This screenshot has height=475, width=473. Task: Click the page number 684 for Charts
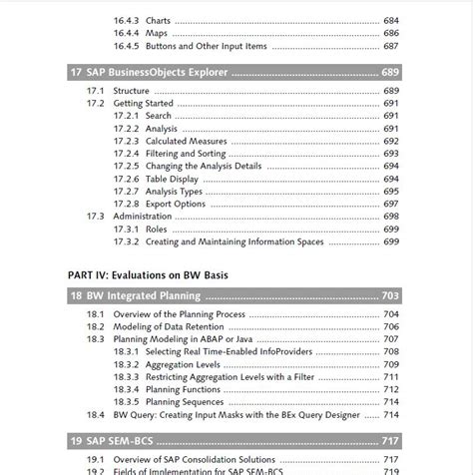click(390, 19)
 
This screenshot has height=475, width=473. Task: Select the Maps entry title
click(158, 33)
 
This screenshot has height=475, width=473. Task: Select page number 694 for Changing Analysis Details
click(390, 166)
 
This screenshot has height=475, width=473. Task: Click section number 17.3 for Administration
click(95, 216)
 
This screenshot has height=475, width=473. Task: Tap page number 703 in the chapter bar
click(392, 296)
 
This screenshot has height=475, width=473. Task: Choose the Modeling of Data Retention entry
click(175, 326)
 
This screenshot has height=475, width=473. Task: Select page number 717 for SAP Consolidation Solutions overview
click(390, 457)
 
